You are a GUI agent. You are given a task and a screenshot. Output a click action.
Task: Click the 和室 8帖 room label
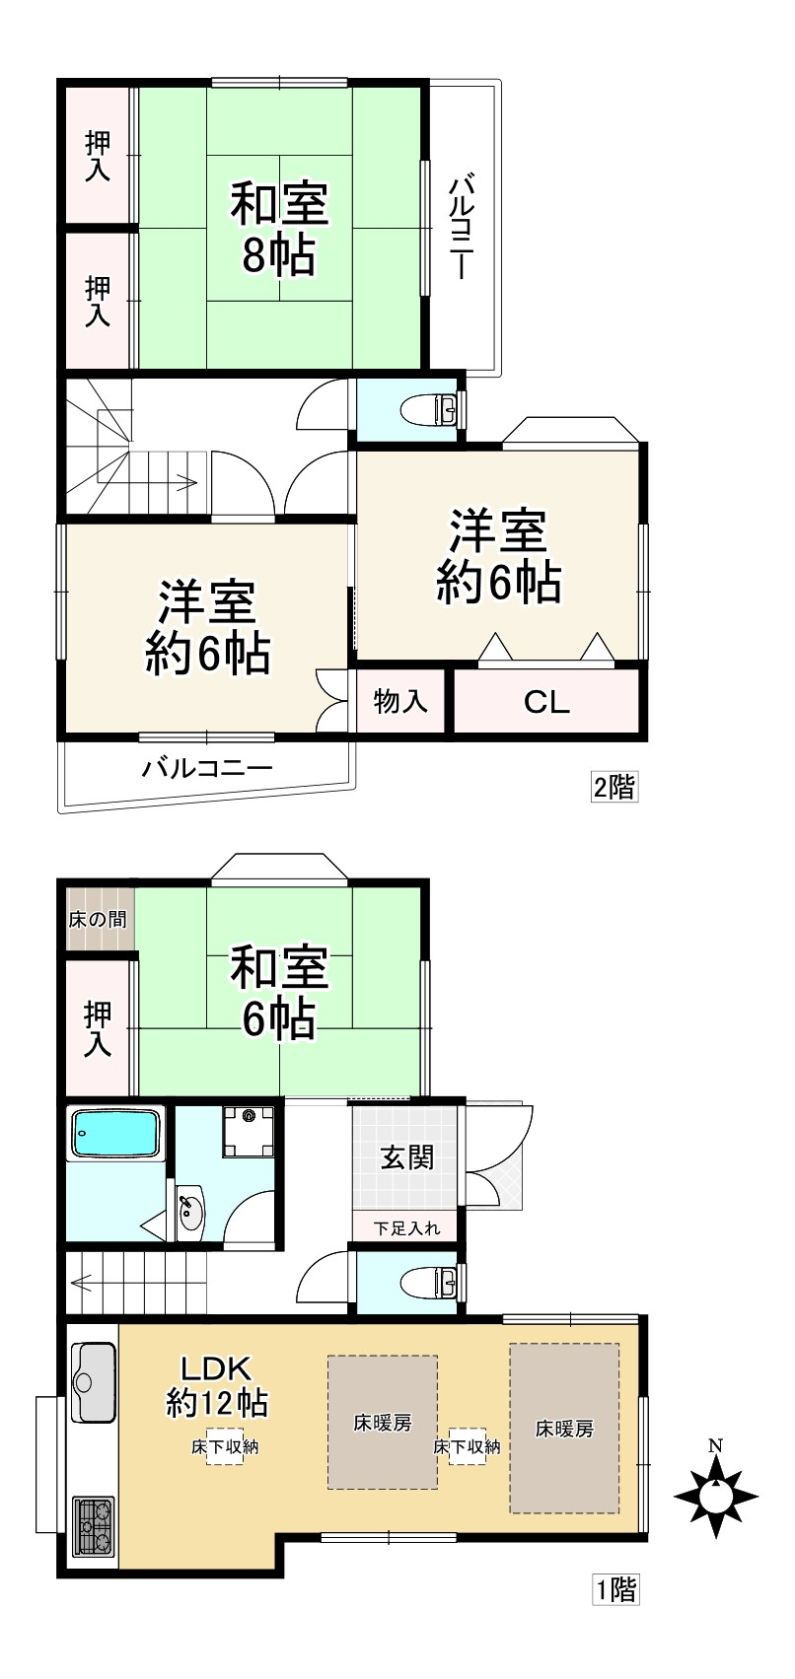pyautogui.click(x=279, y=228)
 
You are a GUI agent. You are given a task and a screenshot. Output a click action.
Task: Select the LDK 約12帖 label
pyautogui.click(x=217, y=1384)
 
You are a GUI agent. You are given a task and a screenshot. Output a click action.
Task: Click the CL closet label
pyautogui.click(x=546, y=702)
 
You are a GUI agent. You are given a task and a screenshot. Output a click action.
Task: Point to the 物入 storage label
pyautogui.click(x=400, y=702)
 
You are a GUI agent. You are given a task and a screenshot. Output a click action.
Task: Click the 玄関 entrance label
pyautogui.click(x=407, y=1156)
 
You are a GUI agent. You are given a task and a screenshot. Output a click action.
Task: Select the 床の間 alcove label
pyautogui.click(x=97, y=920)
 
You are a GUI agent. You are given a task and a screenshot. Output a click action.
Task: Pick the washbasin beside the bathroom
pyautogui.click(x=190, y=1211)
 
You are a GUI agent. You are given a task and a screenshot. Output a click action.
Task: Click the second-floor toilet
pyautogui.click(x=434, y=406)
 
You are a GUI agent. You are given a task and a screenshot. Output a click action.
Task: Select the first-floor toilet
pyautogui.click(x=434, y=1282)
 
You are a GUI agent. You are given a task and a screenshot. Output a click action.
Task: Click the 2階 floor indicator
pyautogui.click(x=614, y=787)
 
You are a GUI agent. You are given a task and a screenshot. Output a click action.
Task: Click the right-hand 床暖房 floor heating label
pyautogui.click(x=564, y=1428)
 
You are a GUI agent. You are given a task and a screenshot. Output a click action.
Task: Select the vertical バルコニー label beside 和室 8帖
pyautogui.click(x=462, y=228)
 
